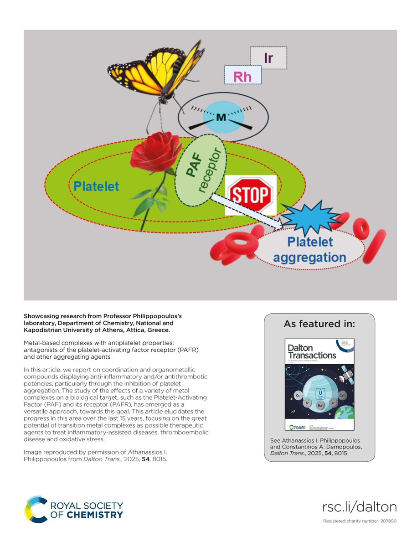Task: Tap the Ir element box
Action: (x=268, y=57)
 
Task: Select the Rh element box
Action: (x=243, y=75)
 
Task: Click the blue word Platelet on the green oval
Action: (x=97, y=186)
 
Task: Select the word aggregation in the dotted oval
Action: (x=309, y=258)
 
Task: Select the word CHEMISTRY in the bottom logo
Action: (x=100, y=514)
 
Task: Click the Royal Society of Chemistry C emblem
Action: (x=36, y=509)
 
